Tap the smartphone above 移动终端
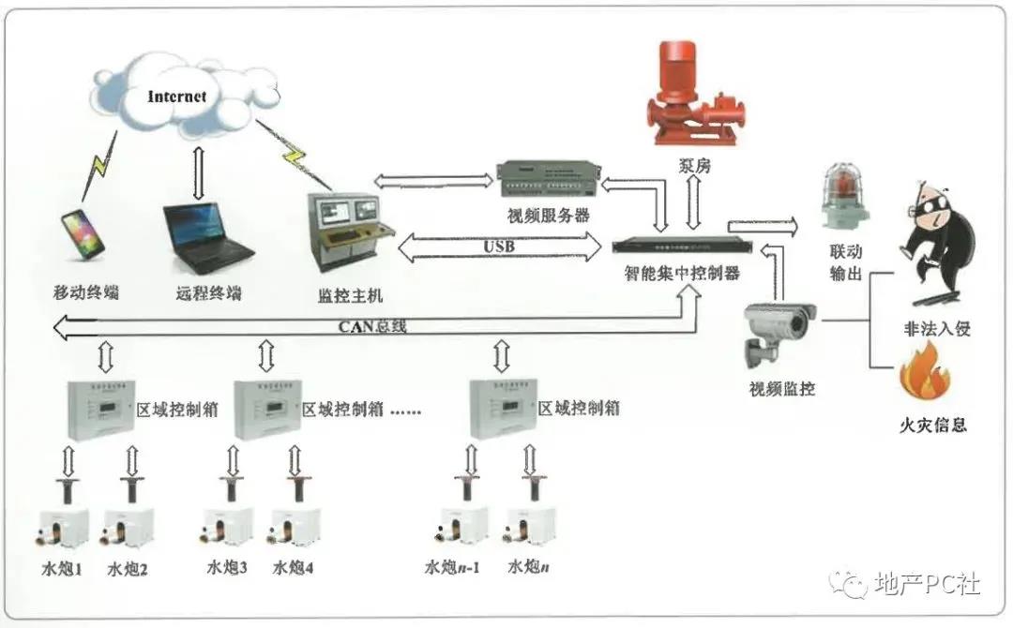[83, 234]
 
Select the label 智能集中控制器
[682, 273]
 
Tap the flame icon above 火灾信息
[925, 375]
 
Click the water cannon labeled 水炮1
[64, 530]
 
